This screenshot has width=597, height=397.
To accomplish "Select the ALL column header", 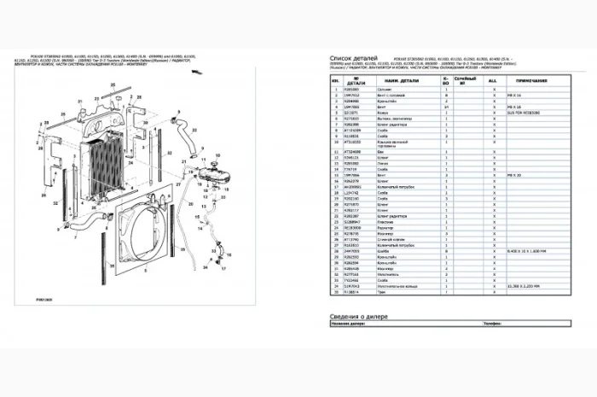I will tap(493, 79).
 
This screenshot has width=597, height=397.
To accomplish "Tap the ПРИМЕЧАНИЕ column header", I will tap(544, 79).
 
